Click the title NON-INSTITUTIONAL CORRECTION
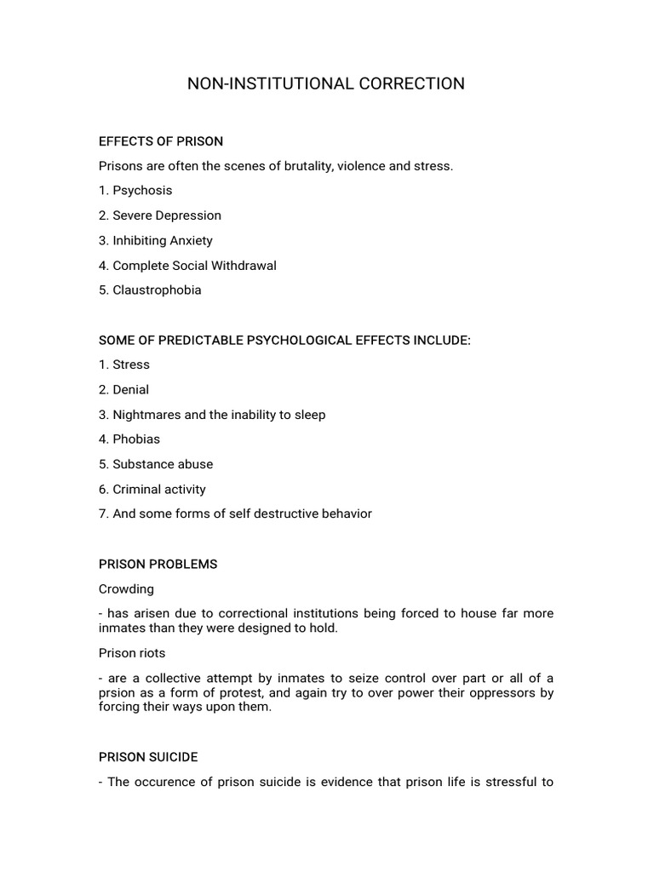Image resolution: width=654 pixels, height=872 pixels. point(326,83)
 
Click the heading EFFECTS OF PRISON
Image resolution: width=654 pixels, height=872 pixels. point(161,141)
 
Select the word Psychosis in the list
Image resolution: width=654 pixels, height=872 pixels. point(142,191)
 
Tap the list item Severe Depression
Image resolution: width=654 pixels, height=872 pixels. point(167,215)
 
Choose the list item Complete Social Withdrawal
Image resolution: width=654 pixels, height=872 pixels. point(194,265)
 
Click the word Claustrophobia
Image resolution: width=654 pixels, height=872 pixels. point(157,290)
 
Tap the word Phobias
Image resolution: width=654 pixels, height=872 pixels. point(136,439)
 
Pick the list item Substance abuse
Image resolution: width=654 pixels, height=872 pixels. point(163,464)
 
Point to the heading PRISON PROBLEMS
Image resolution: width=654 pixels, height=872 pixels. point(158,564)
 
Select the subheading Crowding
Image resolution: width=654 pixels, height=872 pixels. point(127,588)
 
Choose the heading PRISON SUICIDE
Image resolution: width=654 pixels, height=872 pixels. point(149,756)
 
